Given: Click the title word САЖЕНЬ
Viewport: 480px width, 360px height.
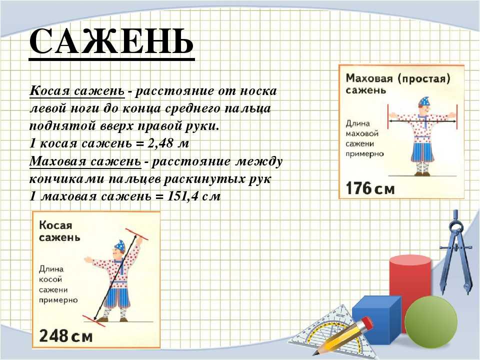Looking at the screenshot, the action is [111, 41].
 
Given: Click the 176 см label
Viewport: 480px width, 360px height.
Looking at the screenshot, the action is [370, 188].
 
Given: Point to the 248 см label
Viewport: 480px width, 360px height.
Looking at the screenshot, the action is [65, 336].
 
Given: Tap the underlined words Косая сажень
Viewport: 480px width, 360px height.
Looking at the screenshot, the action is [77, 91].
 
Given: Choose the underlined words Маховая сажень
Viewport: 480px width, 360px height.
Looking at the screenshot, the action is [85, 161].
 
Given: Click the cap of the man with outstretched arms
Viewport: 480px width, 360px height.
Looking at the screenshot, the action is [425, 101].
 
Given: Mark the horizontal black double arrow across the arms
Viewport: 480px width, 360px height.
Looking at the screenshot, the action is [422, 121].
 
